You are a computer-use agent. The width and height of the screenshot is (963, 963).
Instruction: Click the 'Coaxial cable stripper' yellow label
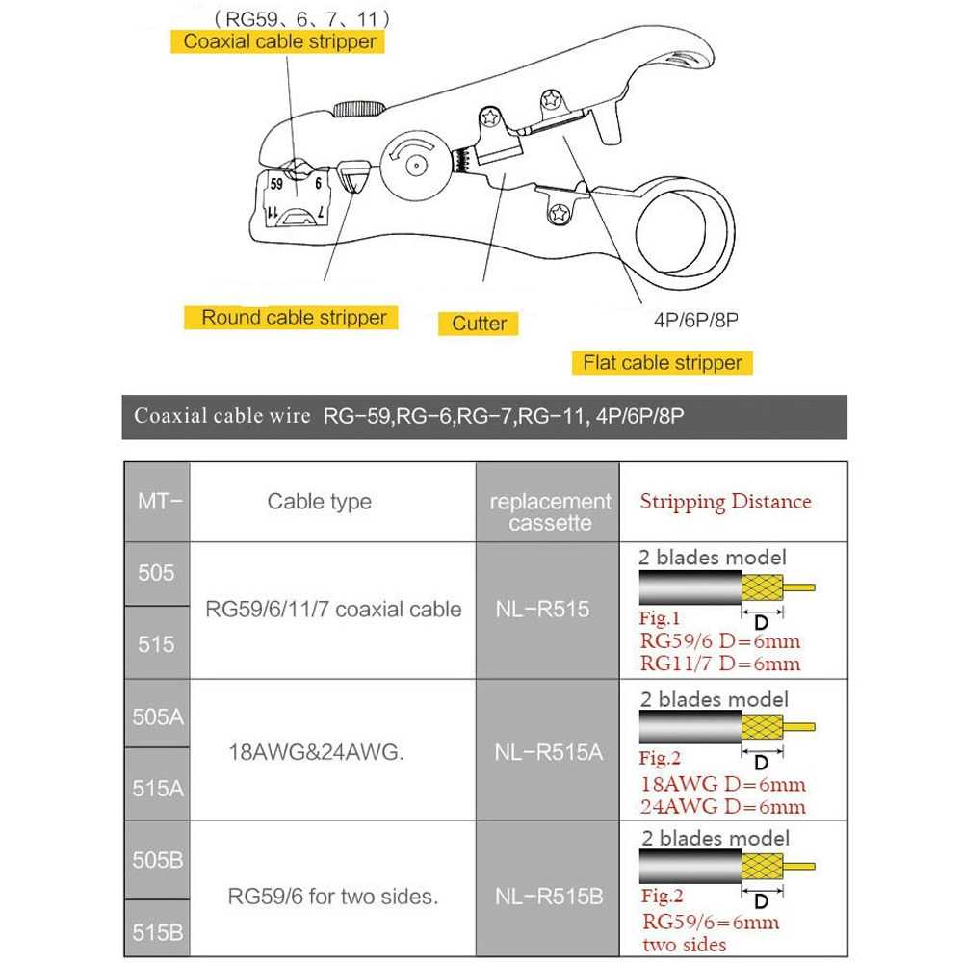coord(279,41)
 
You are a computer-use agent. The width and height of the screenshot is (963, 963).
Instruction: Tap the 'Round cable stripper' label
coord(294,317)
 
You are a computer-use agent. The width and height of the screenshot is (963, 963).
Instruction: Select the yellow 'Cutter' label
coord(479,324)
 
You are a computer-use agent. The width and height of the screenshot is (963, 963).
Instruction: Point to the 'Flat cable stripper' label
coord(663,363)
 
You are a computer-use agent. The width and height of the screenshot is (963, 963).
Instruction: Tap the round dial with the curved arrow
coord(415,166)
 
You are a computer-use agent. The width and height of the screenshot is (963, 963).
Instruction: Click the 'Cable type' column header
coord(319,502)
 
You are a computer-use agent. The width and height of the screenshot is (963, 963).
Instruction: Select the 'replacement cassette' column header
coord(550,512)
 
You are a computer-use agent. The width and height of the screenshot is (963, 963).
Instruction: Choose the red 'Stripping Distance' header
coord(725,501)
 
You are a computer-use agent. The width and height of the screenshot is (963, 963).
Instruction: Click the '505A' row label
coord(158,716)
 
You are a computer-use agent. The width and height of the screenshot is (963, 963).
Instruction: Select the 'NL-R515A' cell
coord(549,752)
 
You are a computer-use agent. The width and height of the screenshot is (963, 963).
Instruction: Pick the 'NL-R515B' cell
coord(549,897)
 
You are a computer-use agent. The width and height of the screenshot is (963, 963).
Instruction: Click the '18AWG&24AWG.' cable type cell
coord(315,752)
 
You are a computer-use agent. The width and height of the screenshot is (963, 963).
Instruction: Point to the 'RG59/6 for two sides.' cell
coord(333,897)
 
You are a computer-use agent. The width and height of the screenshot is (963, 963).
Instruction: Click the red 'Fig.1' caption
coord(660,618)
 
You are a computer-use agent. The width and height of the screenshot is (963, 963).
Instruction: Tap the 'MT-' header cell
coord(158,501)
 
